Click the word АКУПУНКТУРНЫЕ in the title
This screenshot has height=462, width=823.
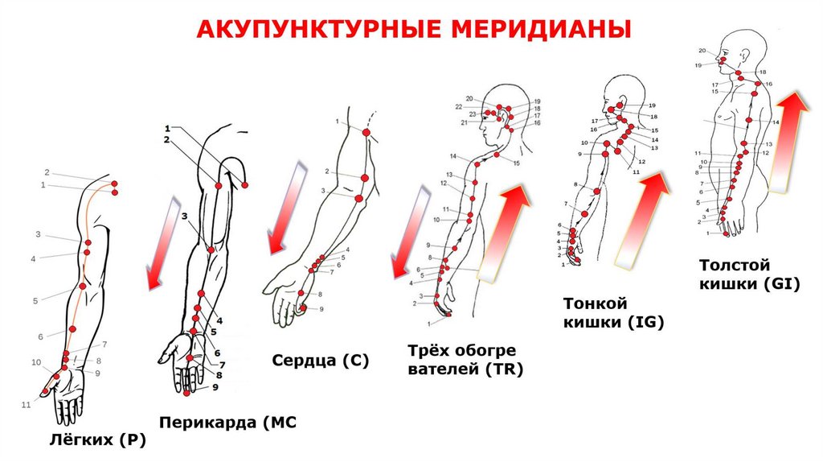(313, 31)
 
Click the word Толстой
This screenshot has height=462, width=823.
(735, 265)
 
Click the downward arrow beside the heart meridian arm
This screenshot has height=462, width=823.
(285, 207)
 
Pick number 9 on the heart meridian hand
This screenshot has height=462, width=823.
(321, 309)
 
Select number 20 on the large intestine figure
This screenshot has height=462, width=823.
(702, 51)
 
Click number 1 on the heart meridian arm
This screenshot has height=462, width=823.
(338, 121)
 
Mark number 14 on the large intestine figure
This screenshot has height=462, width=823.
(776, 122)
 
